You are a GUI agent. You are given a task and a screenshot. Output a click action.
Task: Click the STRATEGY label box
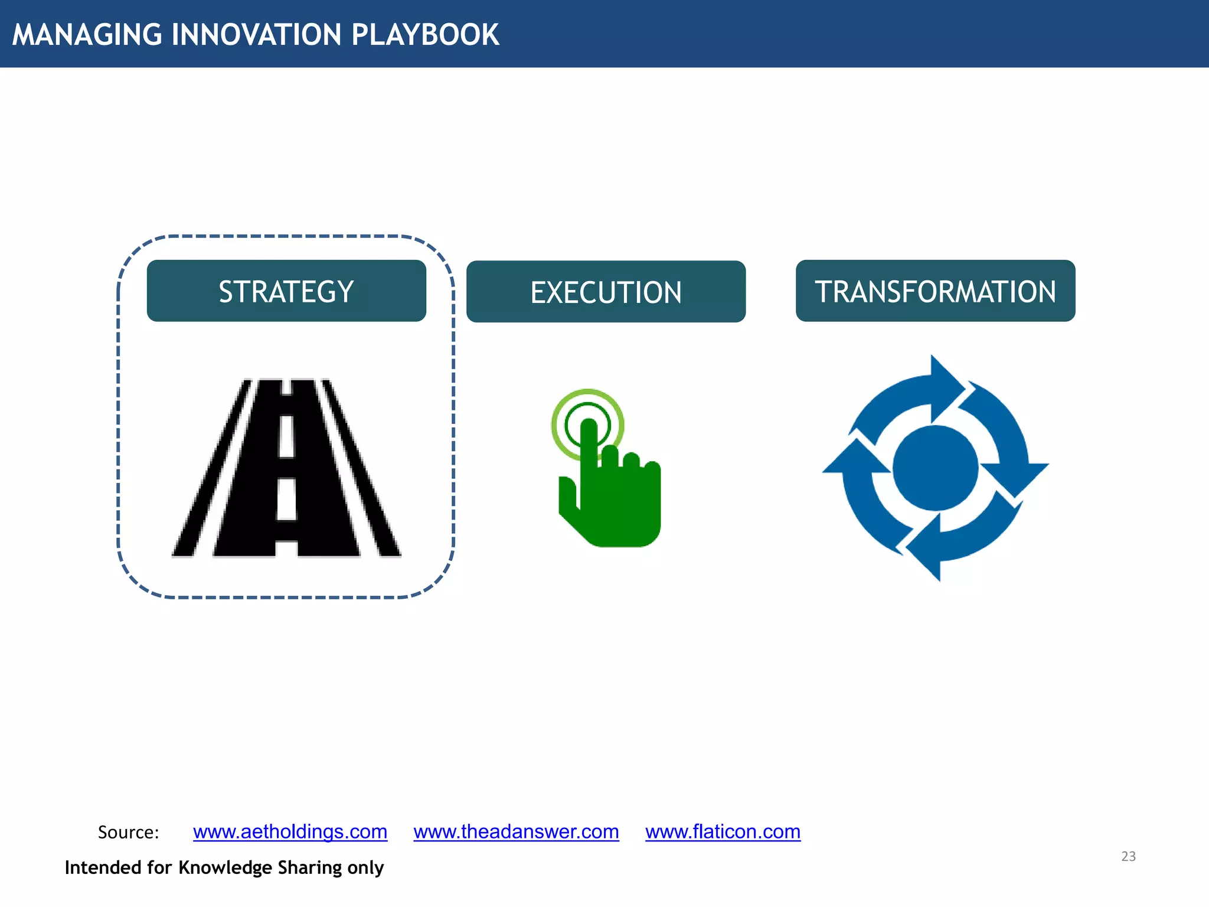286,291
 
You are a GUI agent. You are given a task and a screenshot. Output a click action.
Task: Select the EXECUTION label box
606,292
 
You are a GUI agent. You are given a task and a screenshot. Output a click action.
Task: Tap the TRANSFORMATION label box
935,291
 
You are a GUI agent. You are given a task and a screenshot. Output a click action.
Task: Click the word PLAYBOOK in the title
425,34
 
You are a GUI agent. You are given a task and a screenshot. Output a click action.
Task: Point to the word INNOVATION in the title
256,34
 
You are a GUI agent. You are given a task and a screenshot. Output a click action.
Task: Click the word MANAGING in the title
87,34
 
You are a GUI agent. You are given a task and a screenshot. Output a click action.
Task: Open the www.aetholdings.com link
290,831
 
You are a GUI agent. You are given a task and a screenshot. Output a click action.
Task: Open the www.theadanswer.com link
516,831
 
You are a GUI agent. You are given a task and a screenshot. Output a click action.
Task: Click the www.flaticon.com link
723,831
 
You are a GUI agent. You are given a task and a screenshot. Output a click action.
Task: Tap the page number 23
1128,856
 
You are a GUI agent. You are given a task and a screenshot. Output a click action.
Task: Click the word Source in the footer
128,832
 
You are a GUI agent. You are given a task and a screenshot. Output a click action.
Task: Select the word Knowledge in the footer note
225,867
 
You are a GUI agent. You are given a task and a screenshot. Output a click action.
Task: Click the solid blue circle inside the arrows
935,468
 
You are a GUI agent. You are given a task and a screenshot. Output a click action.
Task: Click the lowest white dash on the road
286,499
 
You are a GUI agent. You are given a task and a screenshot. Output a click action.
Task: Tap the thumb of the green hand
567,496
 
